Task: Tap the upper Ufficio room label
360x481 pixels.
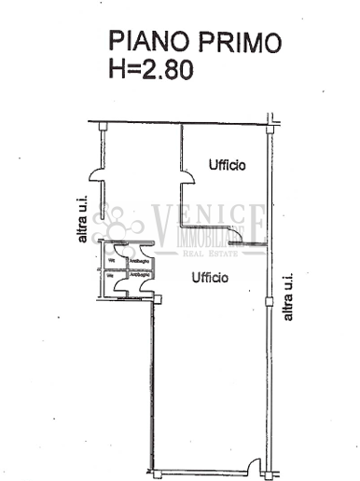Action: pyautogui.click(x=227, y=166)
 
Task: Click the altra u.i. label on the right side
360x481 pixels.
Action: pyautogui.click(x=288, y=296)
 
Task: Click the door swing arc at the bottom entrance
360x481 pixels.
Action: pyautogui.click(x=253, y=465)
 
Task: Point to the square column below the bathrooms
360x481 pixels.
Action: pyautogui.click(x=157, y=298)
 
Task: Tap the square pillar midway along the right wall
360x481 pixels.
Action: pyautogui.click(x=270, y=300)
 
